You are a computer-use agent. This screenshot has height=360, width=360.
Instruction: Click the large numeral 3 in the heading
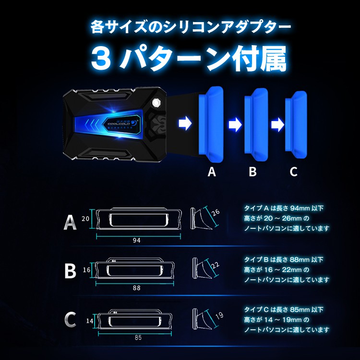[x=101, y=59]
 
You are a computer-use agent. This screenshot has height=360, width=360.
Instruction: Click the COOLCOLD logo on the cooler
[x=120, y=124]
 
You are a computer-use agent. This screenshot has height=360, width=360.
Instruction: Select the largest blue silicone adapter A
[x=211, y=124]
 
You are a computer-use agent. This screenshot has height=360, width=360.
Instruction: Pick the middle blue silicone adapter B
[x=256, y=124]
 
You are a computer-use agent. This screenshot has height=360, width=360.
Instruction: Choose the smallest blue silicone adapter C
[x=296, y=124]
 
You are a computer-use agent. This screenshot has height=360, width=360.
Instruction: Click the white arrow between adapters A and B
[x=235, y=125]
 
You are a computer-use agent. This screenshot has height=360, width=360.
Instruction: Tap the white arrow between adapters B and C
[x=277, y=125]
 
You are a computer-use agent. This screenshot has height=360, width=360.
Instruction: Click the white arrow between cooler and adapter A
[x=185, y=124]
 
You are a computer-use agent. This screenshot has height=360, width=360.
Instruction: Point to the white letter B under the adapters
[x=252, y=172]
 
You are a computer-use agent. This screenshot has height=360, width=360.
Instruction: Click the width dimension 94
[x=136, y=240]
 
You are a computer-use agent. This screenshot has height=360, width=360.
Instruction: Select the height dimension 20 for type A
[x=85, y=219]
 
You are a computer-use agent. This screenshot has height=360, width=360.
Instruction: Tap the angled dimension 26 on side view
[x=216, y=212]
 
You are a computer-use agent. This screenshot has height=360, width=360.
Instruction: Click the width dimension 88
[x=136, y=288]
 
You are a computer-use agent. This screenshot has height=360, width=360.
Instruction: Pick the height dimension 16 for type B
[x=86, y=270]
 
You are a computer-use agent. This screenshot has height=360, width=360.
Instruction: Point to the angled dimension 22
[x=215, y=265]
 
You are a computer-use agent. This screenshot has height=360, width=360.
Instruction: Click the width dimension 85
[x=138, y=337]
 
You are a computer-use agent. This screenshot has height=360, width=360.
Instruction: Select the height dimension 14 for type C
[x=90, y=321]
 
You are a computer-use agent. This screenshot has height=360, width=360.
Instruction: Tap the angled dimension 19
[x=219, y=315]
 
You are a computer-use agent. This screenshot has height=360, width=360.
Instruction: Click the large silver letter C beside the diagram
[x=70, y=319]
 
